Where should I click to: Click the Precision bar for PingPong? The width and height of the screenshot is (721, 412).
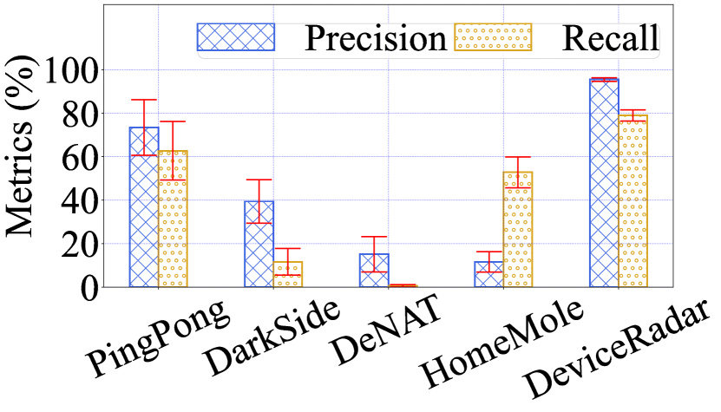144,208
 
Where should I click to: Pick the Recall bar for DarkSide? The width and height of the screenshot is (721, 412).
287,274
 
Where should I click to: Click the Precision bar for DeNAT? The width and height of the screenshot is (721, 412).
373,270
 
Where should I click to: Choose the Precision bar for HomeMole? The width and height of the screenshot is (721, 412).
488,274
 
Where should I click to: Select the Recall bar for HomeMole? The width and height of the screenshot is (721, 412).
517,230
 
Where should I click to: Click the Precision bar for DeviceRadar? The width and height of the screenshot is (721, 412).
603,183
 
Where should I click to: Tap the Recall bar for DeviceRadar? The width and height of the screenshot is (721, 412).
632,201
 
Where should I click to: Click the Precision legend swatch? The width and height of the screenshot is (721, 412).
235,36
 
